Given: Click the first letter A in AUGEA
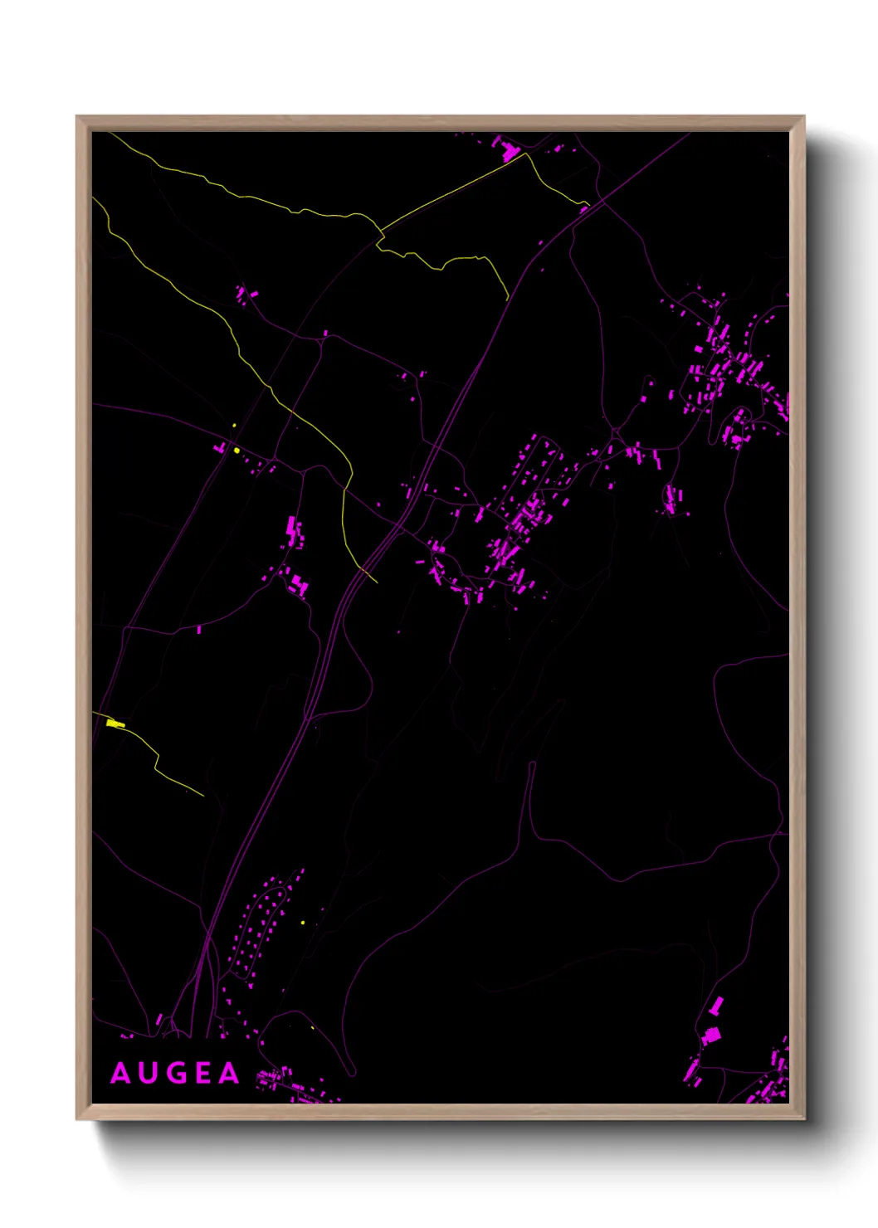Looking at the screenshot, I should click(x=121, y=1073).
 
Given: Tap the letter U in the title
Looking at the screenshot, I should click(x=149, y=1073).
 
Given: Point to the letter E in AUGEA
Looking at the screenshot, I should click(x=203, y=1073).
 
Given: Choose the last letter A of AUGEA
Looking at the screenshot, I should click(x=228, y=1073).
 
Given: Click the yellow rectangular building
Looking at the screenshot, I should click(x=115, y=724).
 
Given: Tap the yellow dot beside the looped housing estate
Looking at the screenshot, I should click(x=302, y=922).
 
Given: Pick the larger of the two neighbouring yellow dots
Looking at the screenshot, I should click(x=237, y=450).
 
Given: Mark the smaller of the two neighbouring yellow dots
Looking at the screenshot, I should click(x=234, y=426).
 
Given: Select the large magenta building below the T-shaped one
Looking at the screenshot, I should click(x=711, y=1036).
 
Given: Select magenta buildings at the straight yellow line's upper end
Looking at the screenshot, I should click(x=505, y=149).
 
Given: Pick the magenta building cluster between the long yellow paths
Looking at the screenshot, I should click(x=244, y=294).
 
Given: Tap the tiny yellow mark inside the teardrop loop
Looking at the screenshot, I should click(x=312, y=1027).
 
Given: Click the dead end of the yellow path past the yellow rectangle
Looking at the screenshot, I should click(x=203, y=796).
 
